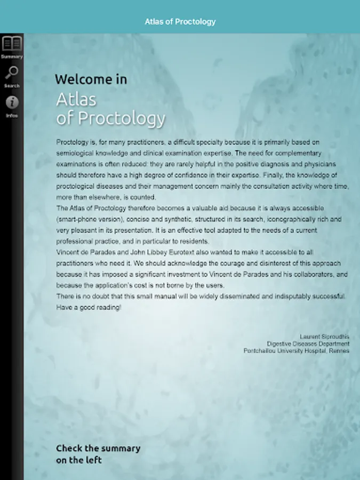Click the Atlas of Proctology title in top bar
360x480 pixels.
coord(180,22)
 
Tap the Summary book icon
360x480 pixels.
coord(11,43)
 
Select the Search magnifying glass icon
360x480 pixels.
coord(11,73)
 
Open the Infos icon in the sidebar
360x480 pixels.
coord(11,102)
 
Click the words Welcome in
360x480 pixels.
coord(91,79)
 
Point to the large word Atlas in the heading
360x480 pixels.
coord(76,100)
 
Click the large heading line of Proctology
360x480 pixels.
coord(111,118)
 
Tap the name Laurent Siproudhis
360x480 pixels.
coord(324,337)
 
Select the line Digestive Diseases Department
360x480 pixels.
coord(308,344)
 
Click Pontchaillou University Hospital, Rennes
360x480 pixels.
coord(297,351)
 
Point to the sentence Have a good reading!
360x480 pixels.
coord(89,308)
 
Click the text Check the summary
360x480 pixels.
coord(98,449)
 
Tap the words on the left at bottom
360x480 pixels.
coord(78,460)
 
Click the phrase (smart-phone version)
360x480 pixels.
coord(89,219)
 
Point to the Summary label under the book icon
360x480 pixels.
coord(12,57)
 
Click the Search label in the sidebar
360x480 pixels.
coord(12,86)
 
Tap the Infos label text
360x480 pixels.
coord(12,115)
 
